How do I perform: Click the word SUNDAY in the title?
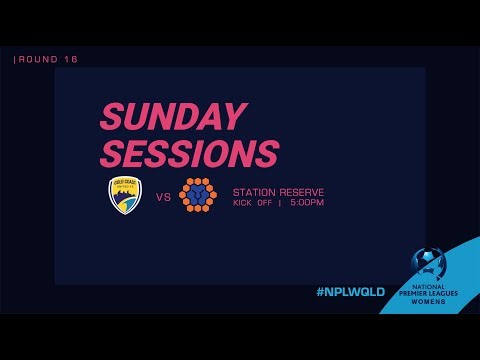click(172, 118)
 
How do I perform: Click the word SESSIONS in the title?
click(189, 153)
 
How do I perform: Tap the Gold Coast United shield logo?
click(125, 196)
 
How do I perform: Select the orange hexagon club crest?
click(199, 196)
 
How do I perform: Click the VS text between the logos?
click(163, 197)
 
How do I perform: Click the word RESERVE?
click(303, 192)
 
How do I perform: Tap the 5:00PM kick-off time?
click(307, 203)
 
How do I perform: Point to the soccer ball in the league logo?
click(429, 262)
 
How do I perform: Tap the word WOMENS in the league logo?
click(429, 305)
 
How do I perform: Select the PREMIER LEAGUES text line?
click(429, 294)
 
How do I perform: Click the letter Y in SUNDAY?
click(232, 118)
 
